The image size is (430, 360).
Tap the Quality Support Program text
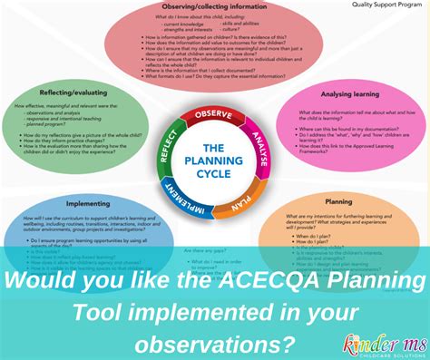click(386, 5)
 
